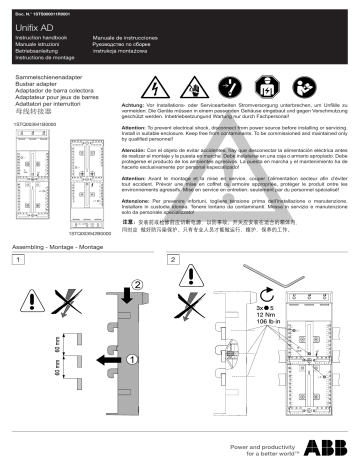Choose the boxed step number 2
[x=177, y=260]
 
